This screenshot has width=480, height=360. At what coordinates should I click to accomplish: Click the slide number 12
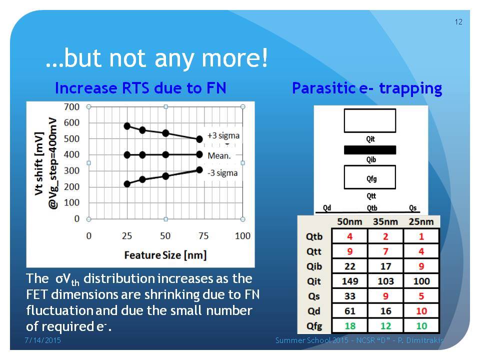(x=458, y=22)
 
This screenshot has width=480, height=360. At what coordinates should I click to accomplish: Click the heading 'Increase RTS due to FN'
(x=141, y=88)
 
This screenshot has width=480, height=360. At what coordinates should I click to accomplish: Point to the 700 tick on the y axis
(x=71, y=107)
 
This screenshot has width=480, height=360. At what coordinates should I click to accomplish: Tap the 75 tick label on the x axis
(x=203, y=235)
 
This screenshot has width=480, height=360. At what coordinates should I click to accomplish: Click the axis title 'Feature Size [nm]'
(x=165, y=255)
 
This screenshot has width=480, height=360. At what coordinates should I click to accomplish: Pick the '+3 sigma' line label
(x=223, y=135)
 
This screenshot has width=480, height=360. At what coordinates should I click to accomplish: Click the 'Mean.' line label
(x=219, y=156)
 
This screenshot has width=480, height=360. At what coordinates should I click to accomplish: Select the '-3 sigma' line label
(x=222, y=173)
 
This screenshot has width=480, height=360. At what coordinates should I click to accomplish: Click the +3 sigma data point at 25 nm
(x=127, y=126)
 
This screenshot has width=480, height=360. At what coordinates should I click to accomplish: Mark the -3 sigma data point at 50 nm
(x=165, y=176)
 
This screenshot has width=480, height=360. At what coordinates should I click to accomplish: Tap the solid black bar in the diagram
(x=370, y=149)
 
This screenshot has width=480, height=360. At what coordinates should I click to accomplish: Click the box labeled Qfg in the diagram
(x=370, y=177)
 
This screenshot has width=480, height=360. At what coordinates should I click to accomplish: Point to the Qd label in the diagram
(x=327, y=208)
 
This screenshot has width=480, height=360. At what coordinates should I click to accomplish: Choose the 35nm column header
(x=385, y=221)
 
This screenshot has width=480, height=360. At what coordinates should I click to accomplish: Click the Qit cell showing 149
(x=349, y=281)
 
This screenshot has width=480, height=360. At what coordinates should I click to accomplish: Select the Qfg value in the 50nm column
(x=349, y=326)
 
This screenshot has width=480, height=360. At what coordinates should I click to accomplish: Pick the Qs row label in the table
(x=314, y=296)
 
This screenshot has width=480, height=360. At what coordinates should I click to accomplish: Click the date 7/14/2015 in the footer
(x=42, y=340)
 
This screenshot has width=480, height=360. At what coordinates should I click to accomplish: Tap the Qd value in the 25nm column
(x=421, y=311)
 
